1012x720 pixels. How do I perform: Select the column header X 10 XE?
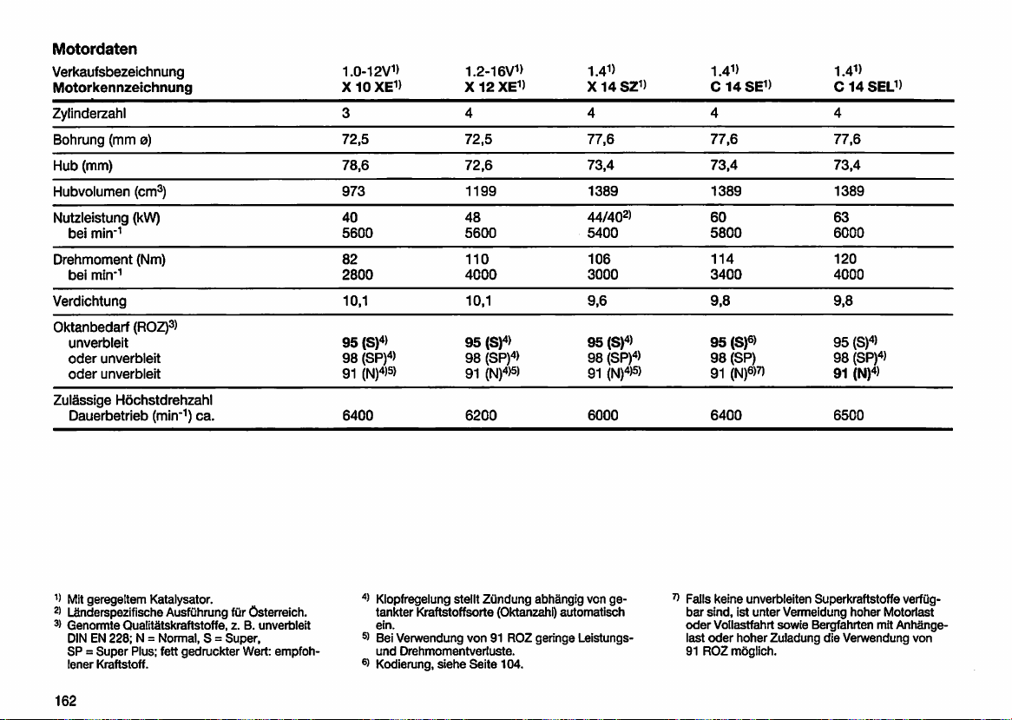(371, 87)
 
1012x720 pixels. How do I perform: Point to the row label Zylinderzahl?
(92, 113)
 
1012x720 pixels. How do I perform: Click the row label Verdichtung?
(89, 301)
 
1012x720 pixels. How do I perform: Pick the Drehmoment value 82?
(351, 260)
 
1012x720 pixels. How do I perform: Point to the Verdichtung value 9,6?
(597, 301)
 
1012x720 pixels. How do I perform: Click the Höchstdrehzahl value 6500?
(851, 415)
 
